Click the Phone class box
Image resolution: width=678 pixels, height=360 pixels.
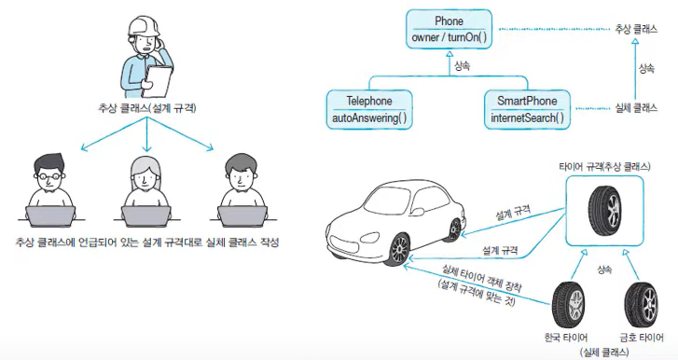tap(449, 29)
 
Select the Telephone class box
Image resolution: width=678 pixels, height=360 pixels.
tap(368, 109)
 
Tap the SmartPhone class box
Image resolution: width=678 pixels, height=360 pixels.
tap(527, 109)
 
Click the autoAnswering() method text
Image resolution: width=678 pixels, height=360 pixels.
tap(368, 118)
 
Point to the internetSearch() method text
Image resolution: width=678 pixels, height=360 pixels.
tap(527, 118)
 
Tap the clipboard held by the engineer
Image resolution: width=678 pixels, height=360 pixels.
tap(158, 81)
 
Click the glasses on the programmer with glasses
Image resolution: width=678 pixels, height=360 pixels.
tap(49, 176)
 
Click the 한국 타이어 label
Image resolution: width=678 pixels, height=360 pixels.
tap(565, 337)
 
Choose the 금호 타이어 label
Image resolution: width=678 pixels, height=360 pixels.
tap(642, 337)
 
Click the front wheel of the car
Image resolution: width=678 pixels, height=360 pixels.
tap(399, 249)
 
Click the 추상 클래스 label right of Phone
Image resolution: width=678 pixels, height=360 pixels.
tap(636, 29)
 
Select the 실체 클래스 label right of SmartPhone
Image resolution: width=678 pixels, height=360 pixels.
tap(636, 108)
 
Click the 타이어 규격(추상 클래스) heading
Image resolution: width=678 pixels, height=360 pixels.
tap(604, 166)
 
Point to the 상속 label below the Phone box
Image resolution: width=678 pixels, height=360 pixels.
tap(463, 66)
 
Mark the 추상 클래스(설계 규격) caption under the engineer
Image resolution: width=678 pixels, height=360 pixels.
tap(147, 108)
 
